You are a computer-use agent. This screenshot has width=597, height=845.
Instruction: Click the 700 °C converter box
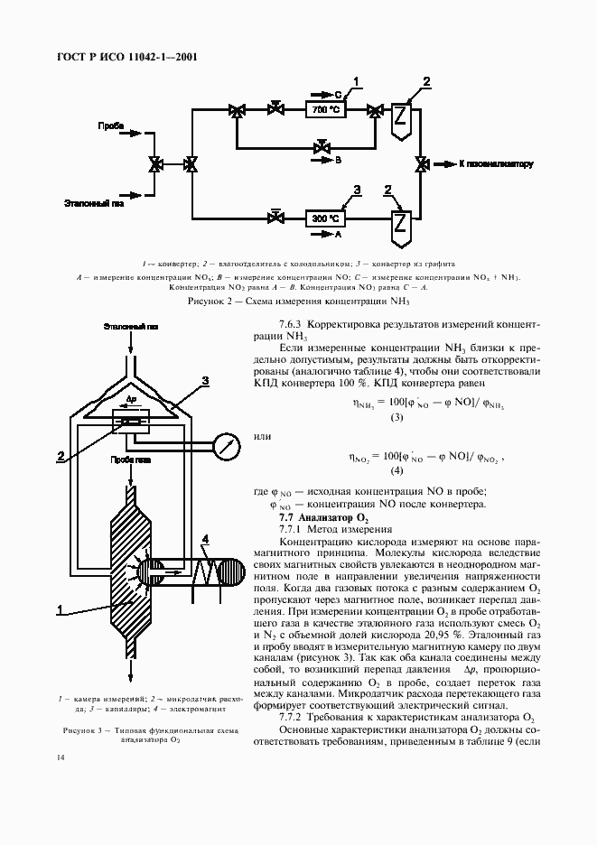point(325,110)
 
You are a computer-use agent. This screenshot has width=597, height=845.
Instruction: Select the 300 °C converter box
point(325,218)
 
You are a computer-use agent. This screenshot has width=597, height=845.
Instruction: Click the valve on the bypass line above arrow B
point(321,146)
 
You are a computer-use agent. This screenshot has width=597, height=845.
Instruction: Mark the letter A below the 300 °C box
point(338,233)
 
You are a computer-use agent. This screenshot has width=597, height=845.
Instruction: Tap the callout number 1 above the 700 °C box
point(357,82)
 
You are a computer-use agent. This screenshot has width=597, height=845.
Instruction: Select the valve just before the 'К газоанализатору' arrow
point(421,164)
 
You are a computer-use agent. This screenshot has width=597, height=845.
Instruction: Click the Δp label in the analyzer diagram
point(131,397)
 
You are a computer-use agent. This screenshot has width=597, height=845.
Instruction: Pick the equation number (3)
point(396,418)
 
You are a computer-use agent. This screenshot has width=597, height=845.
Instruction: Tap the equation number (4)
point(396,471)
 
